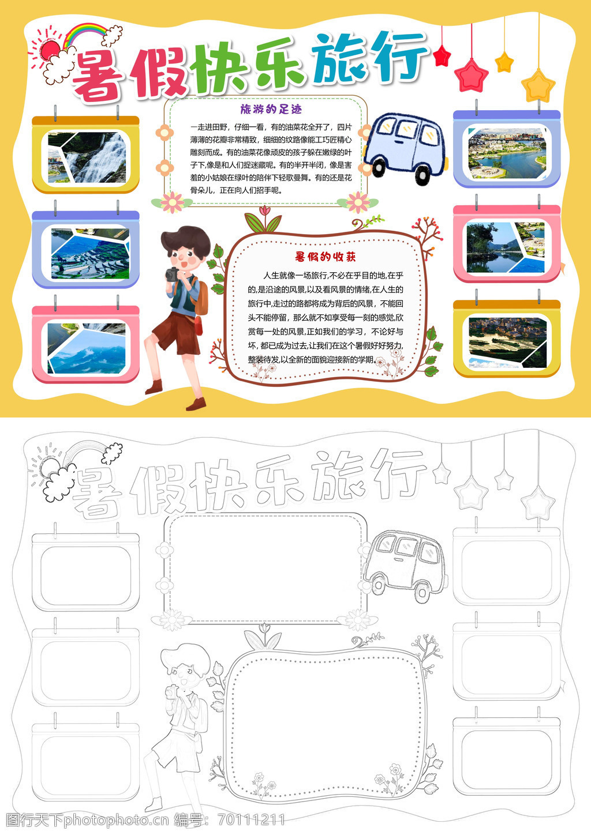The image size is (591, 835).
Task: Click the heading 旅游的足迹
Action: (x=271, y=109)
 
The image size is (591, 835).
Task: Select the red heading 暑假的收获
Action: (x=326, y=257)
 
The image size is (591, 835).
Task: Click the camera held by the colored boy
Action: (x=173, y=274)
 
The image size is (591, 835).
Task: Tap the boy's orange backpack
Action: (x=201, y=298)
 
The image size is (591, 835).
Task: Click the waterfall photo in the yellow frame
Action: (x=87, y=157)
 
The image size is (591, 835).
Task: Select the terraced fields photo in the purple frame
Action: (x=90, y=254)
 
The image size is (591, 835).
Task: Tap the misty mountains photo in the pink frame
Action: (x=87, y=348)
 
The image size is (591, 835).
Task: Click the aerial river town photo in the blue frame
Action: (x=507, y=153)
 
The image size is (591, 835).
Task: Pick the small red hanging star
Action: (x=442, y=56)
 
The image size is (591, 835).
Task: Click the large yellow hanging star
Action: (x=538, y=86)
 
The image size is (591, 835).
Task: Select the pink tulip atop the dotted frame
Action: (x=264, y=211)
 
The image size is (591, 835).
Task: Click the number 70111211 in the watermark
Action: (x=252, y=819)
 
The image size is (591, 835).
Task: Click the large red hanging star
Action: (x=471, y=76)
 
